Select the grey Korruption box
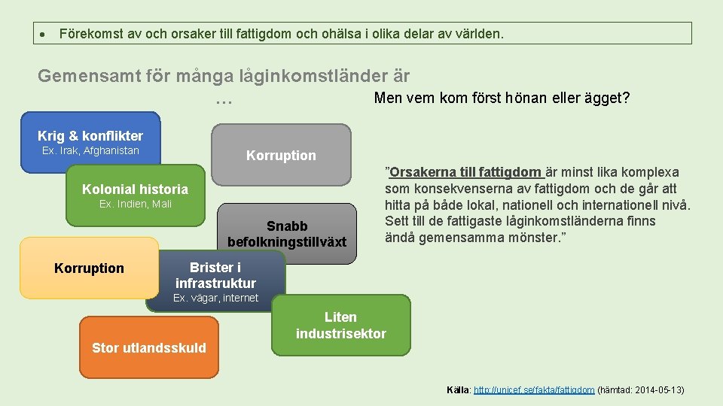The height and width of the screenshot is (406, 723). pyautogui.click(x=281, y=156)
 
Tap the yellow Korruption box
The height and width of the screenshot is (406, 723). pyautogui.click(x=89, y=268)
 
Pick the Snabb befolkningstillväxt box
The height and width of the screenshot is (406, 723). pyautogui.click(x=286, y=234)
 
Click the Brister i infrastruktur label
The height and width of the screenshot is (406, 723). pyautogui.click(x=215, y=275)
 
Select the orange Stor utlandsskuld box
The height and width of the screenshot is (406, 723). pyautogui.click(x=148, y=347)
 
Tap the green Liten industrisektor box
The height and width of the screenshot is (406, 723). pyautogui.click(x=340, y=326)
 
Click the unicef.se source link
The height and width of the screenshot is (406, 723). pyautogui.click(x=534, y=390)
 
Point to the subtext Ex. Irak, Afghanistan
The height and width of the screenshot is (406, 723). pyautogui.click(x=90, y=151)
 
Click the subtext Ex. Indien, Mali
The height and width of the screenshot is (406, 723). pyautogui.click(x=136, y=205)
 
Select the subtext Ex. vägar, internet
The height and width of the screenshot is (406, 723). pyautogui.click(x=215, y=298)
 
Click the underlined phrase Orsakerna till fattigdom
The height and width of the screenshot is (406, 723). pyautogui.click(x=465, y=172)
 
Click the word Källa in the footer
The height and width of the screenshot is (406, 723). pyautogui.click(x=457, y=390)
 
